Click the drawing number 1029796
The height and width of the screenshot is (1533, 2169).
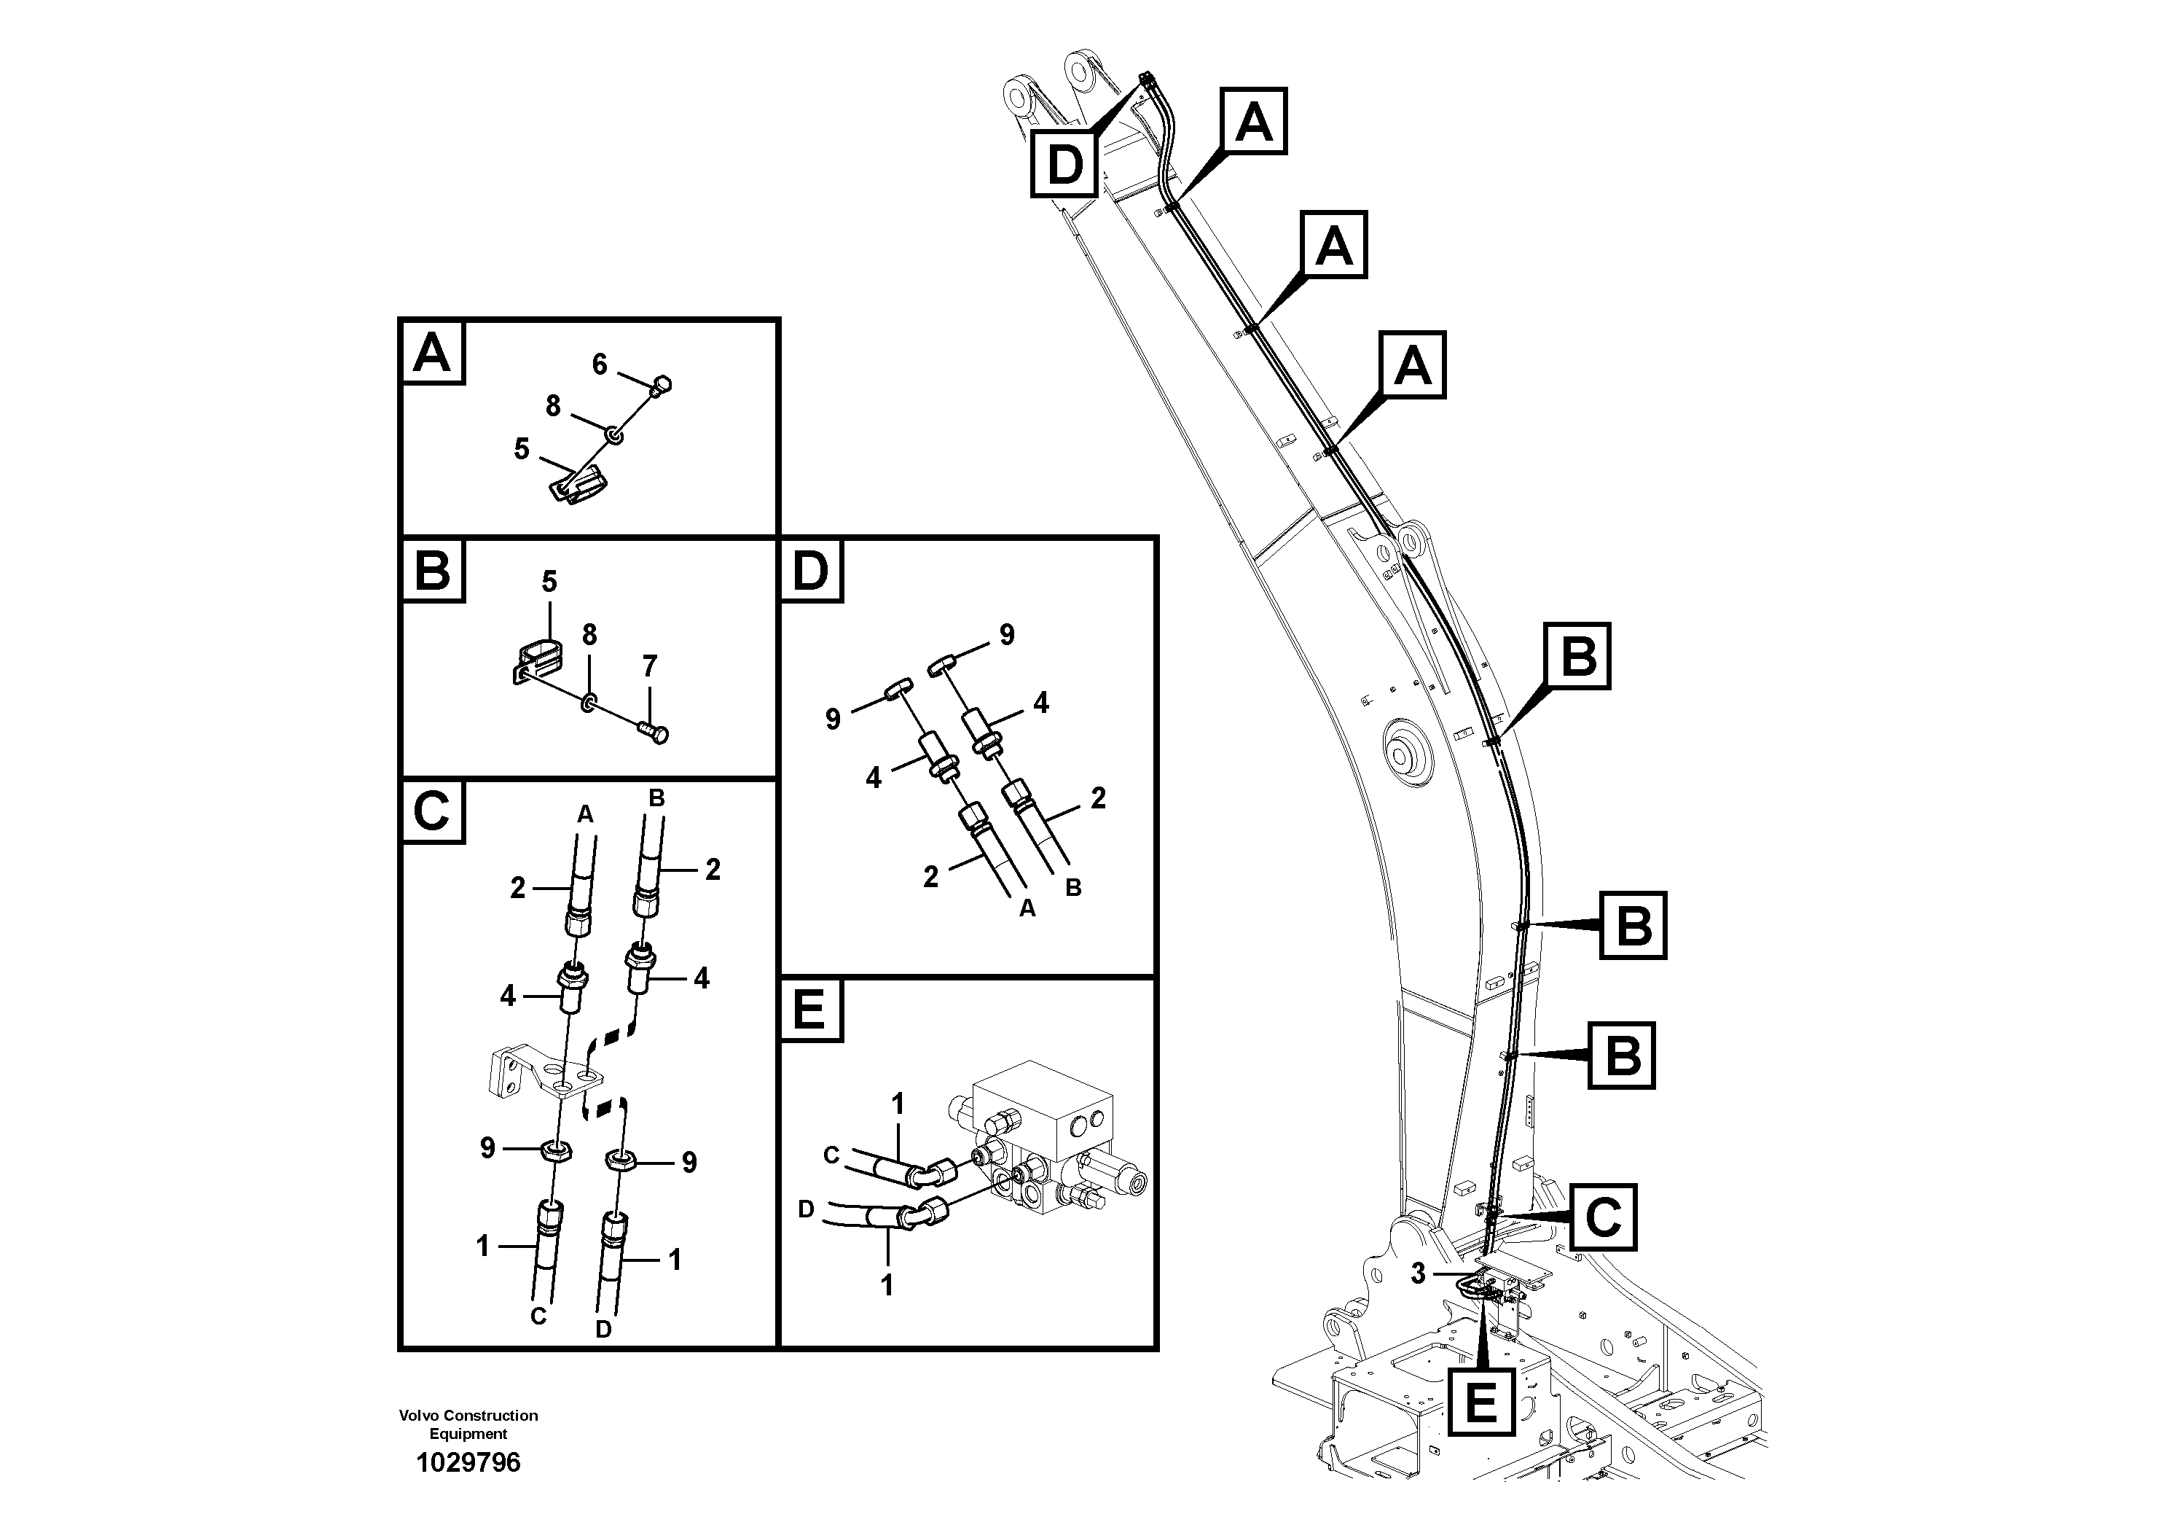pyautogui.click(x=468, y=1462)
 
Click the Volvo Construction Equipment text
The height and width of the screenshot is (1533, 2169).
pyautogui.click(x=468, y=1424)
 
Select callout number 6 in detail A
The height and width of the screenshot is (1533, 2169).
pyautogui.click(x=599, y=364)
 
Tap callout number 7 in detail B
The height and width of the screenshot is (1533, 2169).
pyautogui.click(x=649, y=666)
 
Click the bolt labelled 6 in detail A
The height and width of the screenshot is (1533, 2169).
pyautogui.click(x=662, y=385)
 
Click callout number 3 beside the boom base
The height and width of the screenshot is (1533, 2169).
pyautogui.click(x=1418, y=1274)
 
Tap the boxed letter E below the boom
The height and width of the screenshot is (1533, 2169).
pyautogui.click(x=1480, y=1400)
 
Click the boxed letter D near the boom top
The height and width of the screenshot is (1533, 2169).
pyautogui.click(x=1064, y=165)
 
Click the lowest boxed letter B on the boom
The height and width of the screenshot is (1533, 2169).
pyautogui.click(x=1621, y=1055)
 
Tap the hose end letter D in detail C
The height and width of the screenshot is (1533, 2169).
pyautogui.click(x=604, y=1329)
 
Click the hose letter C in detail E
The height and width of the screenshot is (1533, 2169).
pyautogui.click(x=831, y=1154)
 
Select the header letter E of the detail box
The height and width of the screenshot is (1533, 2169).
pyautogui.click(x=810, y=1010)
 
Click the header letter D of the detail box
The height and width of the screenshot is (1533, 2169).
pyautogui.click(x=810, y=570)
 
